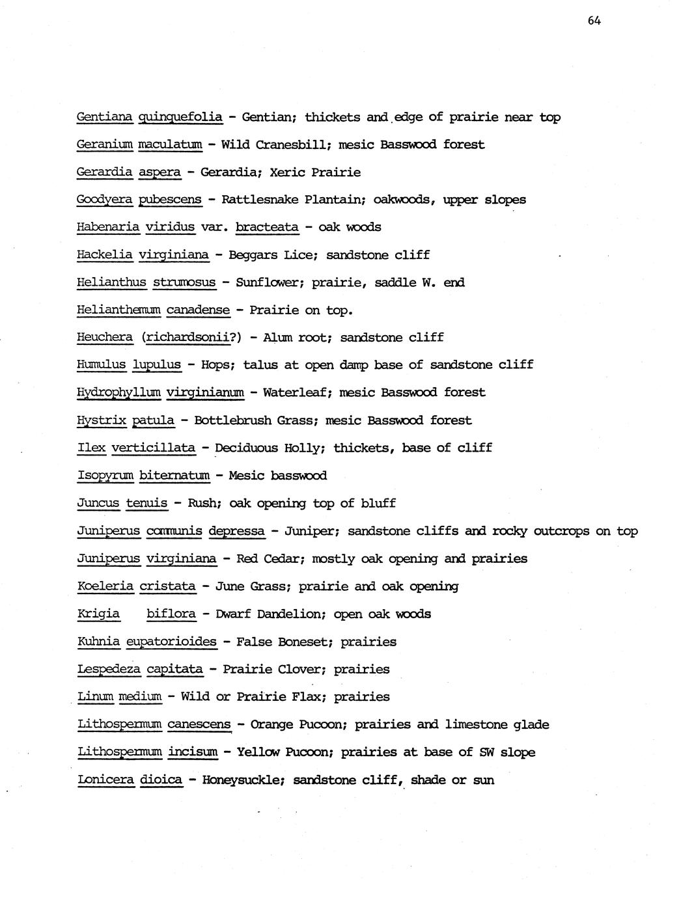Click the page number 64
[594, 20]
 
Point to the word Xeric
[286, 172]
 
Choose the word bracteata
[267, 227]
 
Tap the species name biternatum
[174, 476]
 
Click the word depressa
[236, 531]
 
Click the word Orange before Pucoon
[272, 724]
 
